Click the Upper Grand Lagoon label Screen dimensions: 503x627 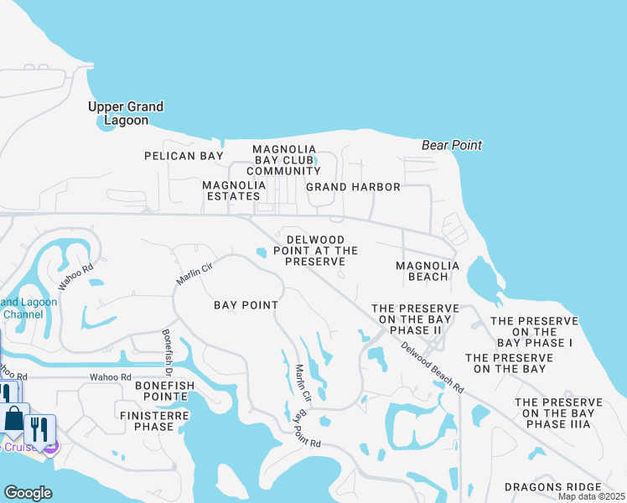point(126,113)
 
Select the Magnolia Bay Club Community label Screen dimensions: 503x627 point(288,160)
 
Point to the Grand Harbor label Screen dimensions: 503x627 point(353,187)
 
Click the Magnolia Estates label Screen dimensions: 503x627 point(231,190)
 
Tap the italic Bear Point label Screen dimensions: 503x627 point(452,145)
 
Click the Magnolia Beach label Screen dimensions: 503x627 point(427,271)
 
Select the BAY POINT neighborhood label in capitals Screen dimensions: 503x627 point(246,305)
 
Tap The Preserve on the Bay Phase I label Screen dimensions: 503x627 point(534,332)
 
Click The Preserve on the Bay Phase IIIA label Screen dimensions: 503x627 point(557,413)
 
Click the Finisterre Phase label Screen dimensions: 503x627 point(147,421)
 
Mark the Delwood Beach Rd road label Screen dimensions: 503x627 point(431,368)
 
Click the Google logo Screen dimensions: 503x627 point(28,493)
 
